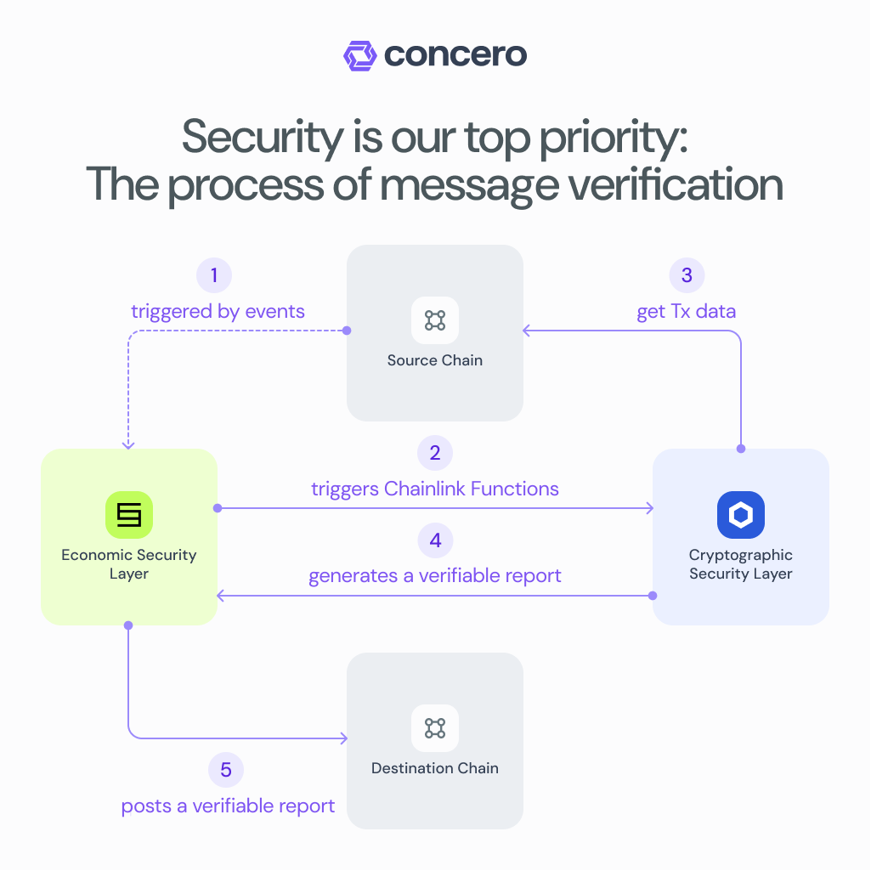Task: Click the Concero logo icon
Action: [359, 56]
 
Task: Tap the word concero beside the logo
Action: [455, 56]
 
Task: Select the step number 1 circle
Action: [214, 275]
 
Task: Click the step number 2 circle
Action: [435, 453]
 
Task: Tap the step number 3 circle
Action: [687, 275]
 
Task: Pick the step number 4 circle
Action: [435, 540]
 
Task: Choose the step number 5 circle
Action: [226, 770]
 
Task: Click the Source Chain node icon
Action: [435, 320]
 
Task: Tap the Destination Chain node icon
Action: [435, 728]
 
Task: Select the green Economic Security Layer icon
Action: [129, 515]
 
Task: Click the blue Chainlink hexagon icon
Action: [741, 515]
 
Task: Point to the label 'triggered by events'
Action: [218, 311]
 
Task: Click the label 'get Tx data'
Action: [687, 312]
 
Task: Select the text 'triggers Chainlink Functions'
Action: [435, 489]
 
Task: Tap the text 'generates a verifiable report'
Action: [435, 576]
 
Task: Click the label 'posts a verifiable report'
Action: [228, 806]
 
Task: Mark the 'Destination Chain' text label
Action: [435, 768]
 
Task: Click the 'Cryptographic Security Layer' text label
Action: [741, 564]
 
